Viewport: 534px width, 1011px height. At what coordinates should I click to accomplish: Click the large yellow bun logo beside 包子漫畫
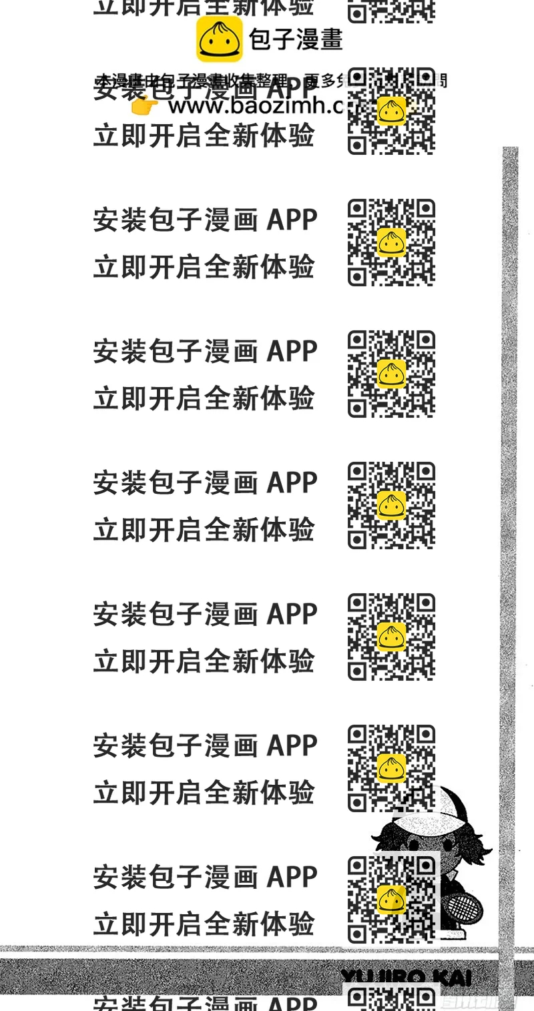point(219,39)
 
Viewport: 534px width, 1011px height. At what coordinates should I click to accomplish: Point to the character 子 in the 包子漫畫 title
point(284,39)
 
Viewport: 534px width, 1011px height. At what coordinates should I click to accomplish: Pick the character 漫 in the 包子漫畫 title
point(307,39)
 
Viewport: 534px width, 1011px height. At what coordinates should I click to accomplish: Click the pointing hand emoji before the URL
point(144,105)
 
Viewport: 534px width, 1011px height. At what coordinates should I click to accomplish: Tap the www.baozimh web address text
point(254,105)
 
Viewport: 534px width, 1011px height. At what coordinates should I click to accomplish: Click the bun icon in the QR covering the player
point(391,900)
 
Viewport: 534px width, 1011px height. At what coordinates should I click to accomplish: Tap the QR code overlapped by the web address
point(391,111)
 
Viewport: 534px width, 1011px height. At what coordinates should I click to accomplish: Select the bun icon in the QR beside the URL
point(391,111)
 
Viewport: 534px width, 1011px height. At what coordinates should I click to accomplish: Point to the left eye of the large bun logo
point(212,41)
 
